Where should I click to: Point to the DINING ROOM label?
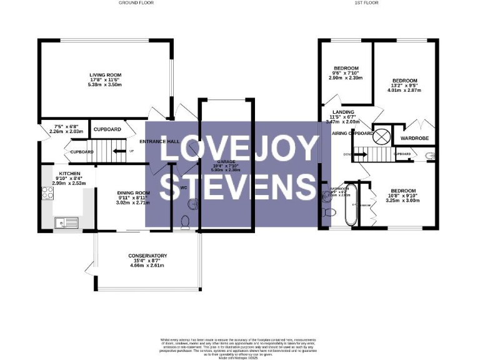coord(134,192)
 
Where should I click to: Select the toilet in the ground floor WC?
coord(185,221)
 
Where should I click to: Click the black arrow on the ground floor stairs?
coord(116,151)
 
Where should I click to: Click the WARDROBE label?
coord(412,138)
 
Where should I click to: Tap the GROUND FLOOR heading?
coord(136,3)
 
